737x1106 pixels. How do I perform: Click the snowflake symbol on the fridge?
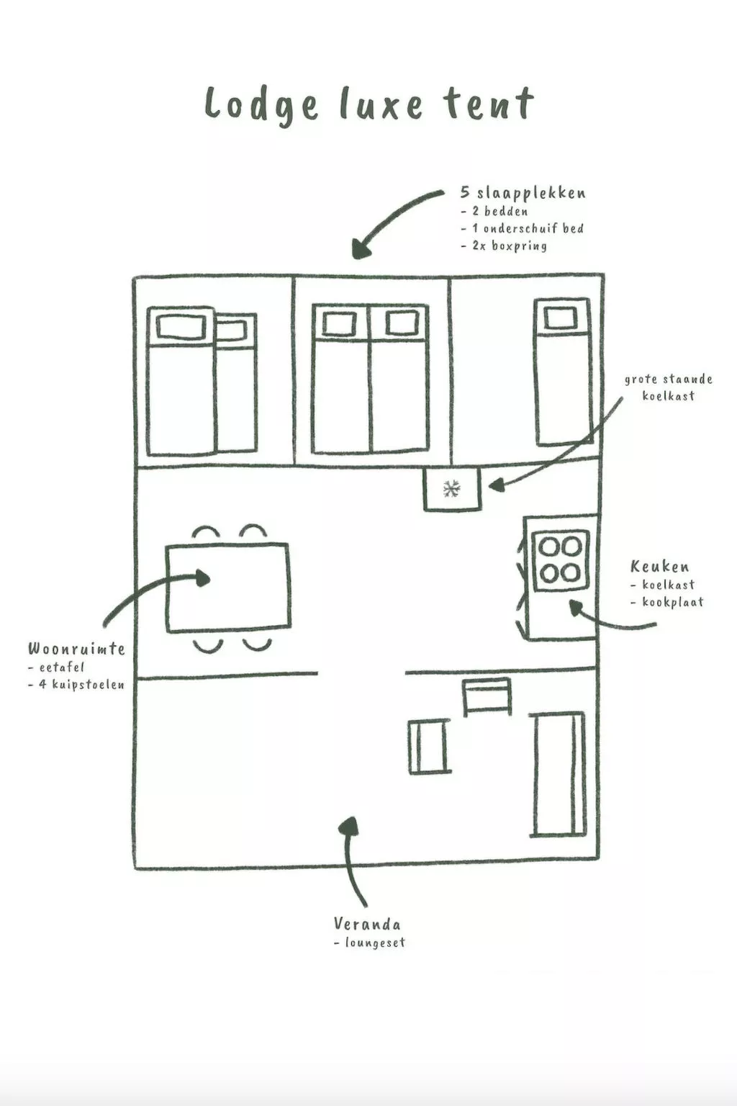[x=451, y=489]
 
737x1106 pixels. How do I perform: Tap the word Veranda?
[x=367, y=923]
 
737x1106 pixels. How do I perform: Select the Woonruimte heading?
[x=76, y=648]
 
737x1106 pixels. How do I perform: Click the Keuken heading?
[x=659, y=567]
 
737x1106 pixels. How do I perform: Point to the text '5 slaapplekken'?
[x=523, y=192]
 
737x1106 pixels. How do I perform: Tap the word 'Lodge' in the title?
[x=262, y=105]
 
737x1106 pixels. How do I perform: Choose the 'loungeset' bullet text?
[x=375, y=943]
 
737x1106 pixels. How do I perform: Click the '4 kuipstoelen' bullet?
[x=81, y=685]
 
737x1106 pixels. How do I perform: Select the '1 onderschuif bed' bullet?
[x=528, y=228]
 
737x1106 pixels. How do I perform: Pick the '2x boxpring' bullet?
[x=510, y=246]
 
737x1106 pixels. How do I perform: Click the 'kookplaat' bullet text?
[x=673, y=602]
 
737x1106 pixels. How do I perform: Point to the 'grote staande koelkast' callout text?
[x=669, y=387]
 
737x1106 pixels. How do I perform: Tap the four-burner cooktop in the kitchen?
[x=560, y=560]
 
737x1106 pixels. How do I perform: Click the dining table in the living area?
[x=228, y=588]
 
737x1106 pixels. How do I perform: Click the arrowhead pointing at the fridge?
[x=496, y=485]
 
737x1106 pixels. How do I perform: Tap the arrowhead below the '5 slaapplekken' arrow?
[x=361, y=250]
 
